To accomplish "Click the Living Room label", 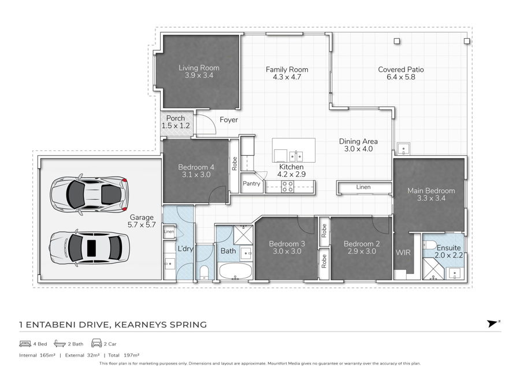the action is [x=199, y=68].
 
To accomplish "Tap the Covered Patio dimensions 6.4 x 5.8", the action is [x=401, y=77].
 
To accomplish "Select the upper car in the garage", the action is [x=89, y=194].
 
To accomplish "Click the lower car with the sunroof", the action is [x=90, y=248].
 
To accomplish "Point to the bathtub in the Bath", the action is [x=235, y=271].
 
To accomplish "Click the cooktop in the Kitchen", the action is [x=287, y=186].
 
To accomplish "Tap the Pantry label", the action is [x=251, y=183].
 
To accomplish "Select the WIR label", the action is [x=403, y=252].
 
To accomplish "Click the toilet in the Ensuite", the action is [x=430, y=245].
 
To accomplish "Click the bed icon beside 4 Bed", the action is [x=25, y=344].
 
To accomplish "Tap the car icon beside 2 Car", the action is [x=96, y=343].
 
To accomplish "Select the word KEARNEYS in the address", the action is [x=139, y=325].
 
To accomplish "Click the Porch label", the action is [x=176, y=118].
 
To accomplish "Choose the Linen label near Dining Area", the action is [x=363, y=187].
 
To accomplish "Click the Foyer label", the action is [x=229, y=120].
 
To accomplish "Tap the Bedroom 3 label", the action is [x=287, y=244].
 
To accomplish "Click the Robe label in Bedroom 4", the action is [x=235, y=164].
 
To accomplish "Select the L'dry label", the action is [x=185, y=248].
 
